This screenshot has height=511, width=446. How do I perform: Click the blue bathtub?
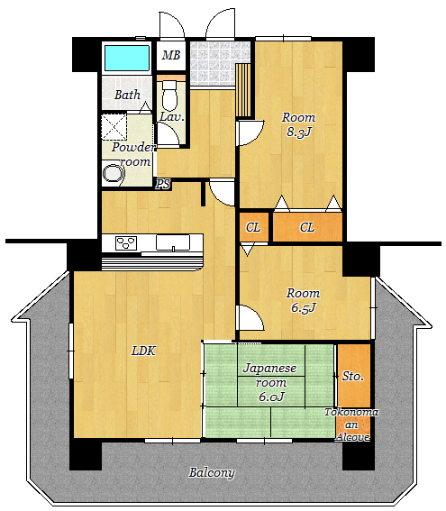pyautogui.click(x=127, y=58)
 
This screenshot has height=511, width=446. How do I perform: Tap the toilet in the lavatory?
pyautogui.click(x=169, y=96)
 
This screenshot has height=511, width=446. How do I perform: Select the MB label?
pyautogui.click(x=171, y=55)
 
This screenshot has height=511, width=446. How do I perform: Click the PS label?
pyautogui.click(x=163, y=185)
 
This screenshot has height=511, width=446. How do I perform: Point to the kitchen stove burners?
pyautogui.click(x=126, y=243)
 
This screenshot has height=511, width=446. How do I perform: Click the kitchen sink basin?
pyautogui.click(x=173, y=242)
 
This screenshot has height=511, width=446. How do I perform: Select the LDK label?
pyautogui.click(x=143, y=351)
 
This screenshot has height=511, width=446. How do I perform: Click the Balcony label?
pyautogui.click(x=212, y=472)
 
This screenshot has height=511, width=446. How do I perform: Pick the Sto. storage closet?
pyautogui.click(x=354, y=376)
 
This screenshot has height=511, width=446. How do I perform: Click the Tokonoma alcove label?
pyautogui.click(x=352, y=424)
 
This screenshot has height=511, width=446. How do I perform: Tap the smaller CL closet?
pyautogui.click(x=253, y=227)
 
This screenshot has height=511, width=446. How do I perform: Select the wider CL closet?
pyautogui.click(x=307, y=227)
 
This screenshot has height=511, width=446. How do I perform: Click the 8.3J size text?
pyautogui.click(x=299, y=132)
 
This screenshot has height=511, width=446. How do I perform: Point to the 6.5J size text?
pyautogui.click(x=304, y=308)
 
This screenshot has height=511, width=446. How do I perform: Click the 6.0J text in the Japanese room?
pyautogui.click(x=271, y=397)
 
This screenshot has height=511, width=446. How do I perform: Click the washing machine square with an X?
pyautogui.click(x=114, y=127)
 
